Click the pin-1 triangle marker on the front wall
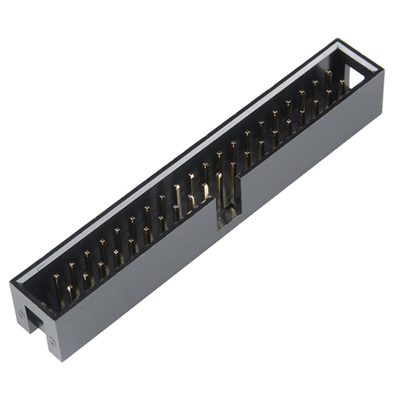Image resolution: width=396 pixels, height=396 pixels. coord(86,306)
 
